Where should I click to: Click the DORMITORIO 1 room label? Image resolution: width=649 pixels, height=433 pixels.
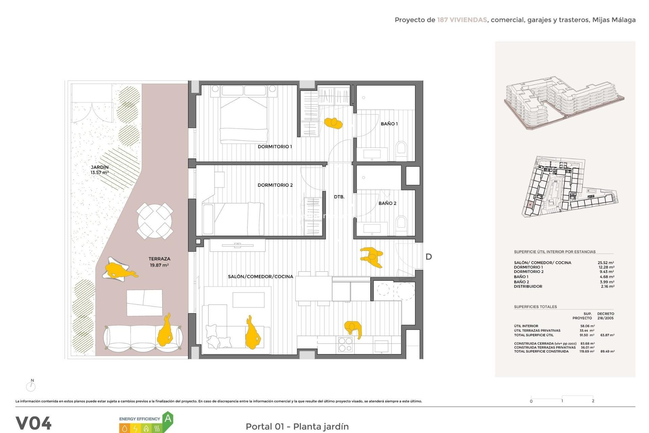(x=274, y=146)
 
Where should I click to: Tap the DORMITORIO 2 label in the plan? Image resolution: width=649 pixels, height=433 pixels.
(x=275, y=185)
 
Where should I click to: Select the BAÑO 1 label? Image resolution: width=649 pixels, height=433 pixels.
(x=389, y=124)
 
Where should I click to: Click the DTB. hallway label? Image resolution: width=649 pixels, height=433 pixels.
(x=339, y=197)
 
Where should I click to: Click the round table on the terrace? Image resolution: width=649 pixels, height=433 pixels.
(x=155, y=221)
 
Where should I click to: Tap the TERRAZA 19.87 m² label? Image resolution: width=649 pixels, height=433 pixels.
(x=159, y=262)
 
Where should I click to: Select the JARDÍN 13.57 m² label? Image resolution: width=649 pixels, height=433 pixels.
(x=100, y=170)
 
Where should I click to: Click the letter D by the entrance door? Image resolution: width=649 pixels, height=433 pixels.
(x=429, y=257)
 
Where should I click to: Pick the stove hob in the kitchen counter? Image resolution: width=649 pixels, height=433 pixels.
(x=345, y=345)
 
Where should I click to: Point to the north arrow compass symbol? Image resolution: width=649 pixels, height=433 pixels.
(x=31, y=385)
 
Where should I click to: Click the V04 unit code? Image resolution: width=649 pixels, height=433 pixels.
(x=33, y=423)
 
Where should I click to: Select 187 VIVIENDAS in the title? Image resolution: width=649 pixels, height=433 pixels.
(x=462, y=20)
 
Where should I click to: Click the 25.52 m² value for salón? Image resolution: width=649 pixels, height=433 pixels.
(x=606, y=263)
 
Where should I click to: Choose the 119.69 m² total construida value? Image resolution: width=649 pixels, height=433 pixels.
(x=587, y=351)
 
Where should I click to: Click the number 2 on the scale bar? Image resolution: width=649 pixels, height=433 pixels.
(x=593, y=401)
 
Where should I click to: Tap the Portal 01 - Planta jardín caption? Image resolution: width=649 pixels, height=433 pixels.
(x=297, y=426)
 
